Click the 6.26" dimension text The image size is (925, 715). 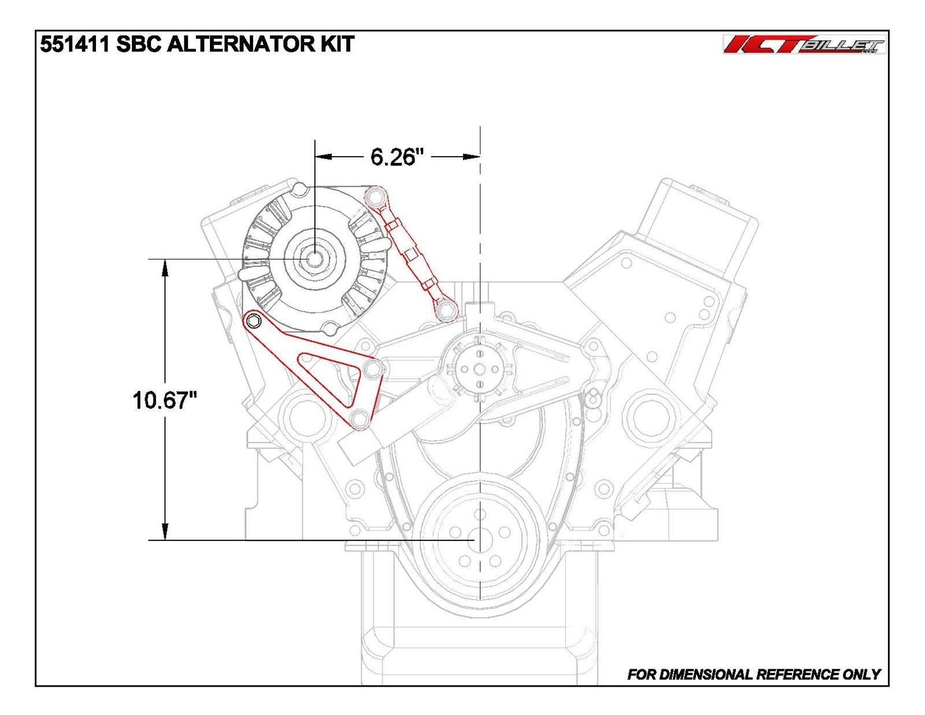click(x=393, y=157)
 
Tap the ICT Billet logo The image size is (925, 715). click(x=804, y=45)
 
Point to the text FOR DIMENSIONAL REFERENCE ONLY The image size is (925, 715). click(x=753, y=674)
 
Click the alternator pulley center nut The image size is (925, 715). click(x=314, y=259)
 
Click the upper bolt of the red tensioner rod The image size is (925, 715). click(x=375, y=198)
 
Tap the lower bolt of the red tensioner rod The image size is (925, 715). click(x=445, y=311)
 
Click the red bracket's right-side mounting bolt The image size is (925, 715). click(x=373, y=368)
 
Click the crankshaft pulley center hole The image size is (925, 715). click(x=479, y=540)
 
